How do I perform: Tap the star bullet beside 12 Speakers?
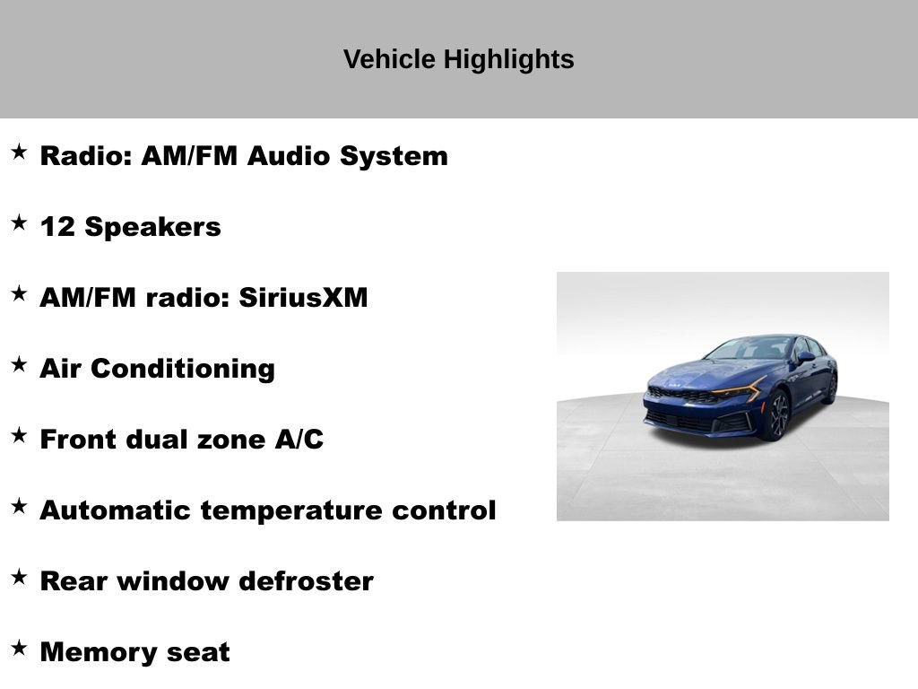tap(19, 223)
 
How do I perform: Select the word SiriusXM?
tap(303, 298)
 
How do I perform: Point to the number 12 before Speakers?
tap(57, 227)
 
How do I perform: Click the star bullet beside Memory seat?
tap(19, 648)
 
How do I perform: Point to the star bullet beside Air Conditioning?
tap(19, 364)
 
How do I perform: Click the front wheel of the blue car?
tap(776, 416)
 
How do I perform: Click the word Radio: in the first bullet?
tap(86, 156)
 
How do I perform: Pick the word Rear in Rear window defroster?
tap(74, 581)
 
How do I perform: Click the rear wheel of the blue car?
tap(831, 388)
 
